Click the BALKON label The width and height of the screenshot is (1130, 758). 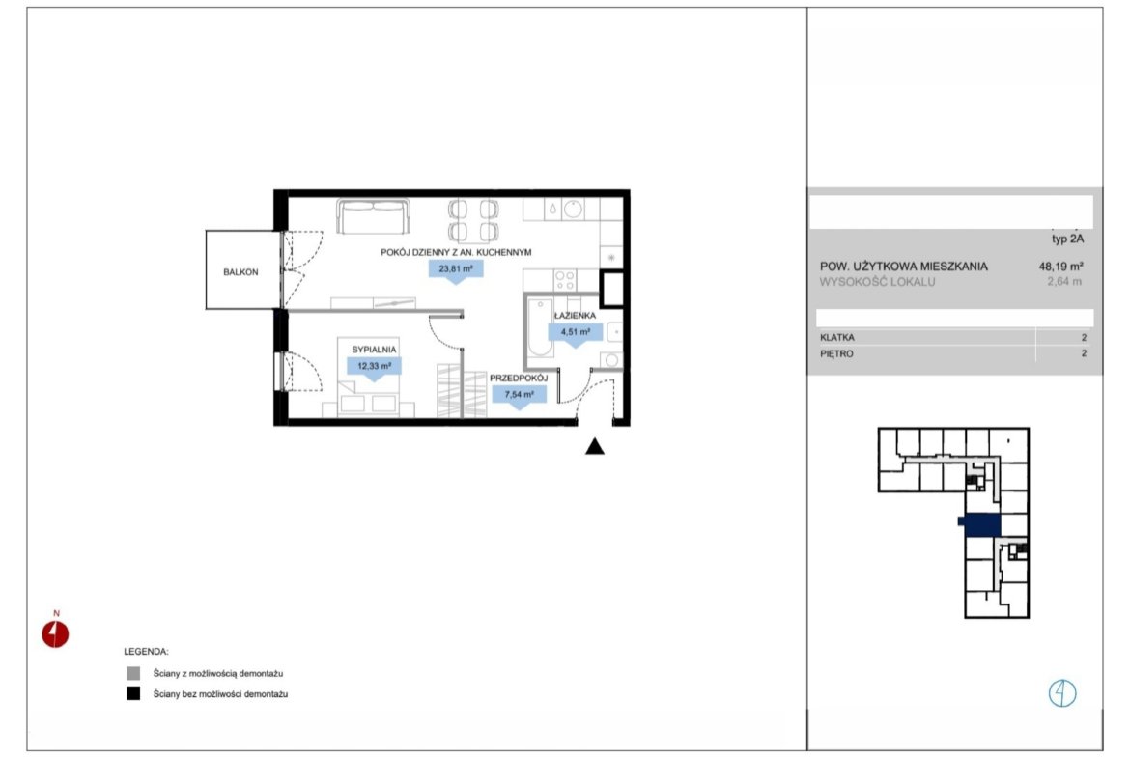click(240, 272)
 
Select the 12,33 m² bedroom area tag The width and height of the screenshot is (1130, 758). click(374, 367)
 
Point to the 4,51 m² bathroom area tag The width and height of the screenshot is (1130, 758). click(575, 333)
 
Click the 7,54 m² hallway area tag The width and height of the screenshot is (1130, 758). click(519, 395)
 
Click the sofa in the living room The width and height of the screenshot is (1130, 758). click(374, 216)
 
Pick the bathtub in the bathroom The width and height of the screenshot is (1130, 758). click(541, 328)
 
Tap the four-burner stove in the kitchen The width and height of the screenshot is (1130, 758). click(565, 280)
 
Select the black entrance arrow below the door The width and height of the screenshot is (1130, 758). click(595, 447)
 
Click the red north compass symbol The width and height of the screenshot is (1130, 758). click(55, 634)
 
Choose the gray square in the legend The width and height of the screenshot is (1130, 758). click(133, 674)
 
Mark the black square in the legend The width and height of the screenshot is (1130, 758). click(133, 694)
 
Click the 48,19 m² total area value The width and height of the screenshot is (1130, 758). click(1060, 266)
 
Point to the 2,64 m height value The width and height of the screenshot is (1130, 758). click(1064, 282)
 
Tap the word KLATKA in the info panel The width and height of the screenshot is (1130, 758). click(837, 337)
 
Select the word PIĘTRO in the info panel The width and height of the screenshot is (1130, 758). click(836, 353)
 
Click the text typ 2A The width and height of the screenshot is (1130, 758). click(1067, 239)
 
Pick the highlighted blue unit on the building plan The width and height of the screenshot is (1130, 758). click(981, 525)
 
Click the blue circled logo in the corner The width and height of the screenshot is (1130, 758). click(1062, 693)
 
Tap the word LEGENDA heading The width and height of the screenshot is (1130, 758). click(146, 652)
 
